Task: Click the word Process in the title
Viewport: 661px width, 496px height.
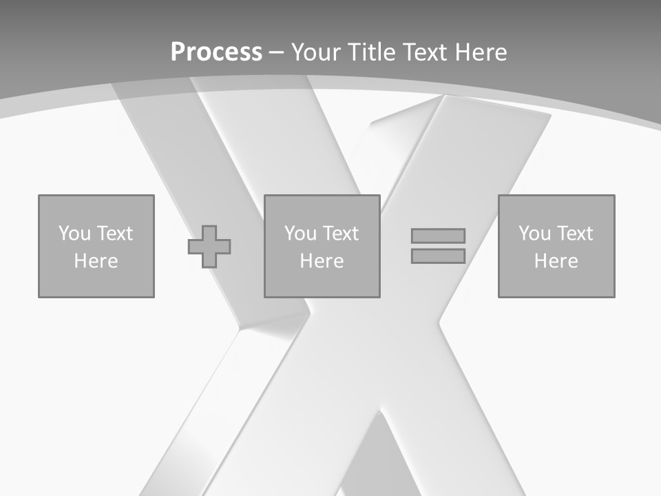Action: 216,52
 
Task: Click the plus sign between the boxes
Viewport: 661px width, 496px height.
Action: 209,246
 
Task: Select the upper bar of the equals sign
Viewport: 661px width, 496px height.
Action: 438,236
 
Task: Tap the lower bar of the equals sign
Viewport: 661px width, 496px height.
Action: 438,256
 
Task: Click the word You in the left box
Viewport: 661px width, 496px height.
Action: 74,234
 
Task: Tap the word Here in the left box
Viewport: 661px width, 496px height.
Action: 96,261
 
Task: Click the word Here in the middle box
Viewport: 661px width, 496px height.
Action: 322,261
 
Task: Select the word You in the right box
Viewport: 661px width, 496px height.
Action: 534,234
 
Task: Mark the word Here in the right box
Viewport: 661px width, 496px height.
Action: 556,261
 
